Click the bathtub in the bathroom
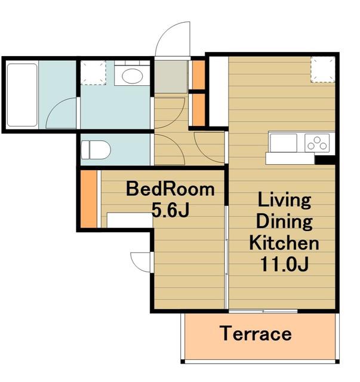coord(22,95)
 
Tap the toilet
coord(96,150)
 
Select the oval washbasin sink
coord(132,76)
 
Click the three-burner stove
coord(317,143)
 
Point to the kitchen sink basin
coord(283,143)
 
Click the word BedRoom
coord(170,189)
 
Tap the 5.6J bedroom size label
coord(170,210)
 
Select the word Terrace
coord(256,334)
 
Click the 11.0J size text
coord(284,264)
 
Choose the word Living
coord(284,201)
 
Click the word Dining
coord(284,221)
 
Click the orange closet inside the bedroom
coord(89,199)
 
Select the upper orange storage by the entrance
coord(199,75)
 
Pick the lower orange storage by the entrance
coord(199,110)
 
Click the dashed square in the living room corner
coord(323,69)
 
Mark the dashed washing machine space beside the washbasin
coord(93,73)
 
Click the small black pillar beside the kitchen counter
coord(325,160)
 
